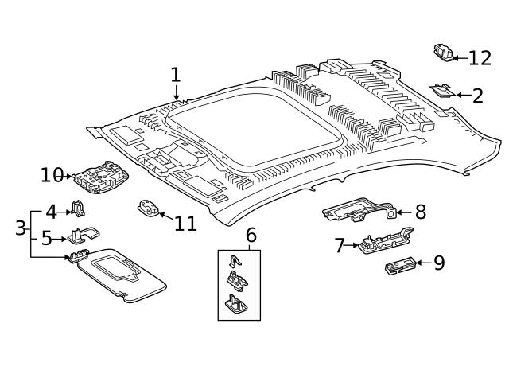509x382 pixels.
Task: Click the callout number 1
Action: (175, 75)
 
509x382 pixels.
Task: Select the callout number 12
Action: (480, 58)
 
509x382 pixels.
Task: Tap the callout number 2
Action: (477, 96)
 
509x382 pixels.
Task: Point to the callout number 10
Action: (52, 175)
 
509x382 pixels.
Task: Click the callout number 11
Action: (185, 223)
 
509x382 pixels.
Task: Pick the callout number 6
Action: (251, 235)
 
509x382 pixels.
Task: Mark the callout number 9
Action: (438, 263)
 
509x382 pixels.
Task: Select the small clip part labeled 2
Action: (442, 91)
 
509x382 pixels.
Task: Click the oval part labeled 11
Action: (148, 209)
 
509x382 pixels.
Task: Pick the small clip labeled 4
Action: (79, 209)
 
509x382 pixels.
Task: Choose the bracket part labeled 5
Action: (83, 235)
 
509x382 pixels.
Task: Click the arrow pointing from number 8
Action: (401, 212)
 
